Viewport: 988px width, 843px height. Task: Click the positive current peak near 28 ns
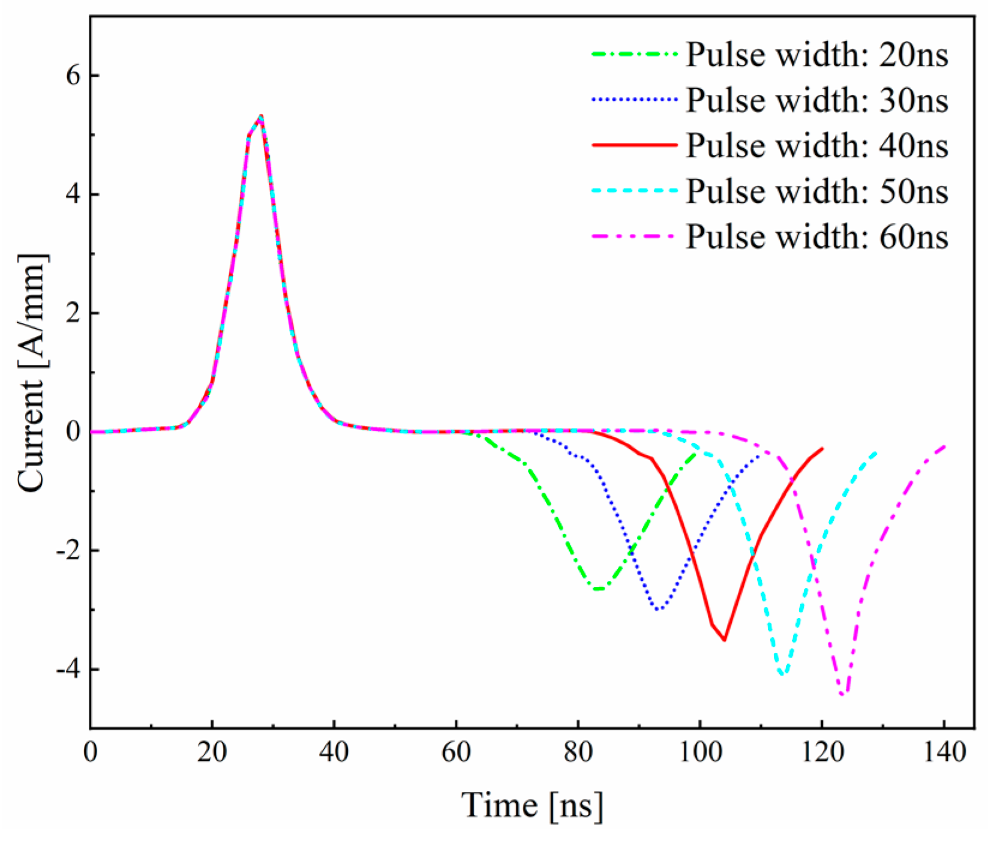[261, 116]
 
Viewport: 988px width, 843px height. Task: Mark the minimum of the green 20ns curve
[597, 589]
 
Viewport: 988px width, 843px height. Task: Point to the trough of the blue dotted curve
[658, 610]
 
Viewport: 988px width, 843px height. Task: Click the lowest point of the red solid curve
[725, 640]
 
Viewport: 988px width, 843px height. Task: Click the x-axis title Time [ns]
[532, 804]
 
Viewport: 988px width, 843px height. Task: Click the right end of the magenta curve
[945, 446]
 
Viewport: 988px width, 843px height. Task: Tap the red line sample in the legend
[634, 146]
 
